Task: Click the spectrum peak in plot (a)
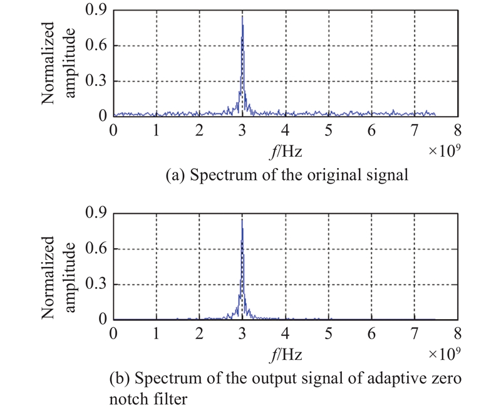242,17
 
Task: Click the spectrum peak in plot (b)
242,220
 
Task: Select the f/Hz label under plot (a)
286,151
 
